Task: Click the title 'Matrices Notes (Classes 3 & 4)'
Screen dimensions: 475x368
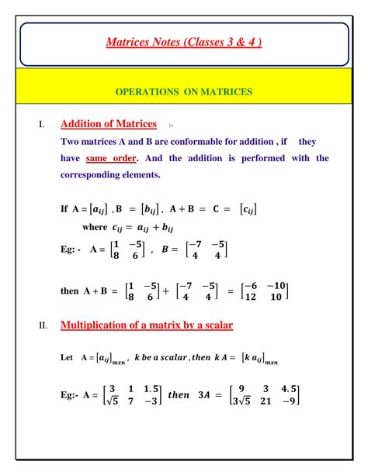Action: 183,41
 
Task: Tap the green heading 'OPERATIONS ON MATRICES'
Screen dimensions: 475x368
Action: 183,91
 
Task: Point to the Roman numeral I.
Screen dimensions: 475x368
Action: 42,125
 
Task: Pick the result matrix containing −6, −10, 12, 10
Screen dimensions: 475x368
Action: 265,291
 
